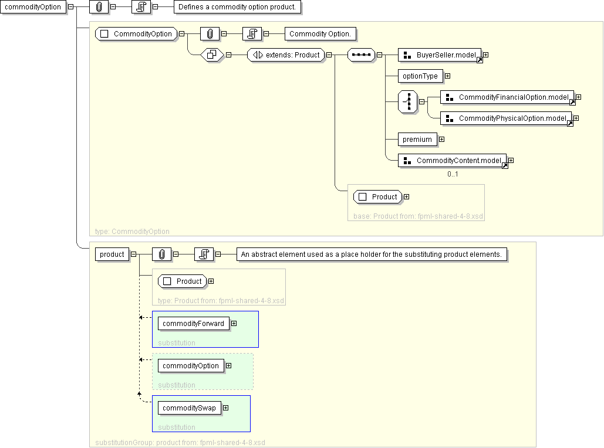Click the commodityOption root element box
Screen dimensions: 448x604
click(33, 7)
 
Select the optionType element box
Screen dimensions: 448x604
click(420, 76)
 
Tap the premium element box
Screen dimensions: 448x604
click(417, 140)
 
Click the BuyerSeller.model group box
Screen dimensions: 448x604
click(440, 55)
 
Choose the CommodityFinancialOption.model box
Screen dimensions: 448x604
click(507, 97)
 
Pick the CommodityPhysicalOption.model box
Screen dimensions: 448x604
click(506, 118)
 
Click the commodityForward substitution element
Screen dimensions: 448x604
click(193, 324)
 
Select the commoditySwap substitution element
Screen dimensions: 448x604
click(189, 408)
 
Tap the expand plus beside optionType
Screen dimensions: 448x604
click(447, 76)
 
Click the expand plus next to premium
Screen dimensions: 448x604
click(441, 140)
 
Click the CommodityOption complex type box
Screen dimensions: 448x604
click(136, 34)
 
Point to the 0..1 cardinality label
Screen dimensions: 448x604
click(453, 174)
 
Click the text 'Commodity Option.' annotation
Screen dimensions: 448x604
click(320, 34)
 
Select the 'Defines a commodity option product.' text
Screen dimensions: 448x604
click(238, 7)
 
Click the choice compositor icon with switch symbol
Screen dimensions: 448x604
click(408, 101)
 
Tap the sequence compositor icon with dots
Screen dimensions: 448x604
click(361, 55)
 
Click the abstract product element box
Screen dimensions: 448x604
click(112, 254)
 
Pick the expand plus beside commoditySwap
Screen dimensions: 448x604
click(225, 408)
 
